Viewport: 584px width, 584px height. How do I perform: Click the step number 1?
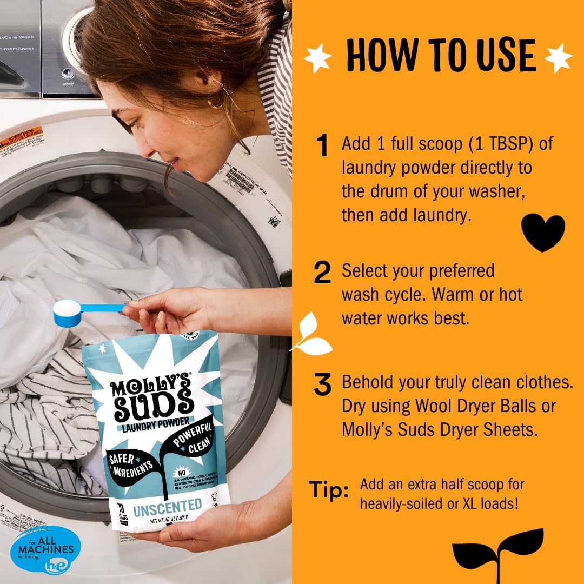tap(322, 146)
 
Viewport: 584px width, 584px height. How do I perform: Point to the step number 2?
tap(322, 274)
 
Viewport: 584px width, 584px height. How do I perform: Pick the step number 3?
tap(322, 385)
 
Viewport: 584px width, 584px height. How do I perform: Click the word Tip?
tap(329, 490)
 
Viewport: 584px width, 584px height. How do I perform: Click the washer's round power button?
tap(68, 74)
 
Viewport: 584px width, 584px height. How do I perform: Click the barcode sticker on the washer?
tap(240, 182)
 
